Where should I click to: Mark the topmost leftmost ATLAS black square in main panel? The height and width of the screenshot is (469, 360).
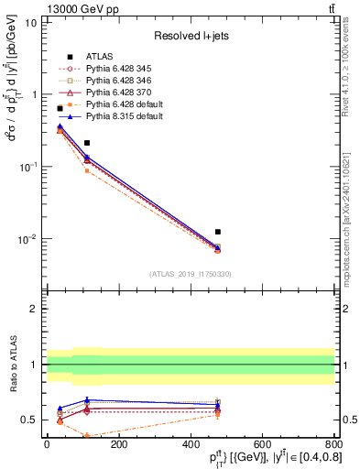point(60,108)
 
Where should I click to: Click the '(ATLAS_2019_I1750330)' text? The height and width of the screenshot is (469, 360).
point(190,273)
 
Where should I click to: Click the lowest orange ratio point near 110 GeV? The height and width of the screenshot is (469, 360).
point(87,435)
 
